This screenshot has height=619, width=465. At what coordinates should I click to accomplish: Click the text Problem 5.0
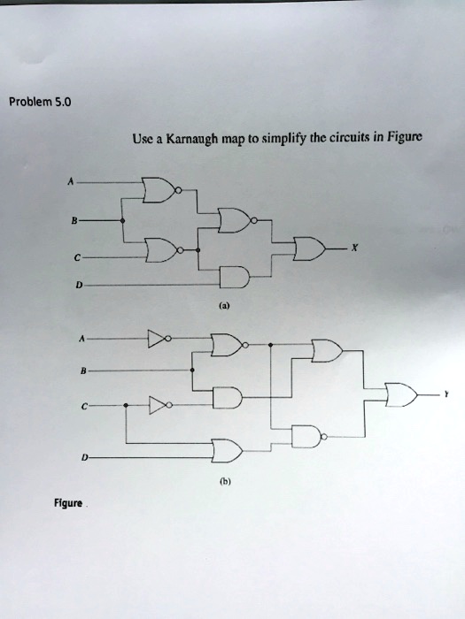coord(41,103)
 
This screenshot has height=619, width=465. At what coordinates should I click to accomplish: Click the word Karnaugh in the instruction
coord(192,139)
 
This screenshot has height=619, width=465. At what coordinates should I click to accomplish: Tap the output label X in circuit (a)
coord(355,248)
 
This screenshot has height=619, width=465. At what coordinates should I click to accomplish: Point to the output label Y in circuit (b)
coord(446,394)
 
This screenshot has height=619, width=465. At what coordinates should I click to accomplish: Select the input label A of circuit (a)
coord(70,182)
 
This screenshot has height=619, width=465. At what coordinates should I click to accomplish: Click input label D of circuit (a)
coord(79,285)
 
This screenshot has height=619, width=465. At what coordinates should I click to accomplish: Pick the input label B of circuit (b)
coord(82,371)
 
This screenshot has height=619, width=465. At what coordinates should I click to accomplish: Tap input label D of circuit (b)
coord(83,457)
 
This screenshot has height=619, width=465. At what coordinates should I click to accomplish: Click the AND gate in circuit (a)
coord(235,277)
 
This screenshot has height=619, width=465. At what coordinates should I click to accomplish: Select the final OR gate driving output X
coord(309,248)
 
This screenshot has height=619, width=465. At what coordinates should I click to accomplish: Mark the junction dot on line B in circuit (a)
coord(122,221)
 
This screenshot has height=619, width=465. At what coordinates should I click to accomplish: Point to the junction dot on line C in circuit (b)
coord(126,405)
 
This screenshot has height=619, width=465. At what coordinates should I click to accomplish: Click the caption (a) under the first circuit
coord(224,305)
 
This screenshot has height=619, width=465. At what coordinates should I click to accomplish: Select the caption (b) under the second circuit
coord(225,482)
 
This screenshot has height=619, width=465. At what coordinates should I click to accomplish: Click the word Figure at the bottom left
coord(68,503)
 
